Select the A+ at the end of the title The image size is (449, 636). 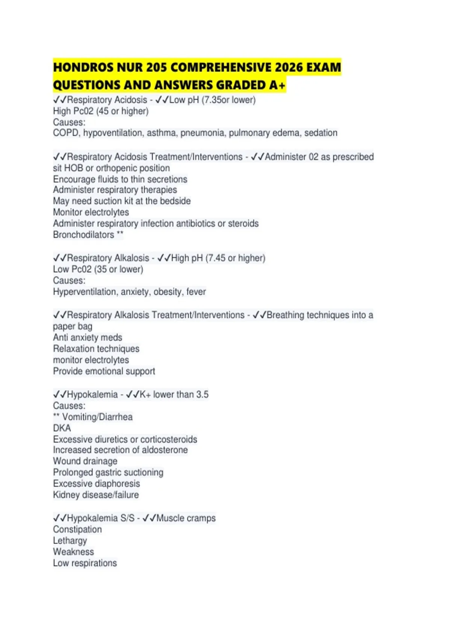tap(277, 85)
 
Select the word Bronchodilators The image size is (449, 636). tap(83, 235)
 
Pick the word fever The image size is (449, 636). tap(196, 292)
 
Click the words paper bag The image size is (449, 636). tap(73, 327)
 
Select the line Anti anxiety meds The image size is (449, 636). tap(88, 338)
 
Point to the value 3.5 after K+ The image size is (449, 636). tap(202, 395)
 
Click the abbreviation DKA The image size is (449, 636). tap(62, 428)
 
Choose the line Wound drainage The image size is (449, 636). tap(85, 461)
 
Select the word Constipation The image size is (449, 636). tap(77, 530)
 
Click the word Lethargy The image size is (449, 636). tap(70, 541)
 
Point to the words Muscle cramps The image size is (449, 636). tap(186, 519)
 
